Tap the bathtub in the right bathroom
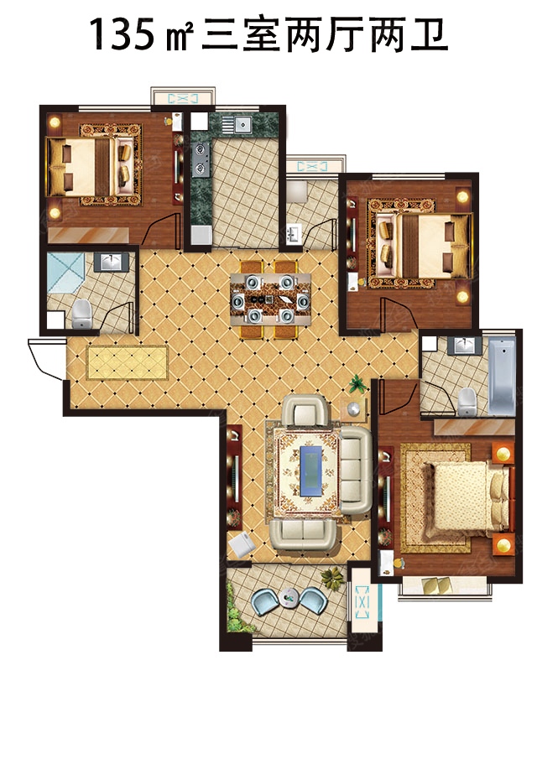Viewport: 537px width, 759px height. [501, 376]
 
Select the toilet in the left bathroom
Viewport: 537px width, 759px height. [82, 315]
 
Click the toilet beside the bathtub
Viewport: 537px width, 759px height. [467, 401]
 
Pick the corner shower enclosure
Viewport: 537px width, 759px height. [65, 273]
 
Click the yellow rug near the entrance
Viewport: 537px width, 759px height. [128, 362]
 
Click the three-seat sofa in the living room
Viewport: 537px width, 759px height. [356, 470]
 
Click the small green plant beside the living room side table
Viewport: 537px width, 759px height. [357, 383]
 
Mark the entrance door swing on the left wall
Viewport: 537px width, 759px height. [46, 359]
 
